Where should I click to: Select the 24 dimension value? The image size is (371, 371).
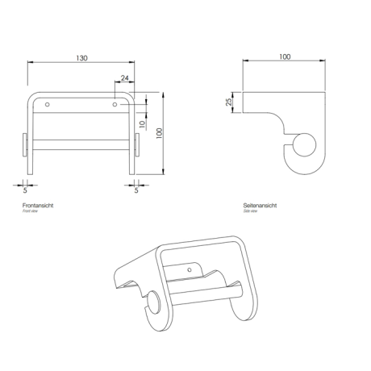click(x=124, y=77)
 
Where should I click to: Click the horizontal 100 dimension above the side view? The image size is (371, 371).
click(x=285, y=58)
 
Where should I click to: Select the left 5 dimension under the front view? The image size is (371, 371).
click(x=24, y=190)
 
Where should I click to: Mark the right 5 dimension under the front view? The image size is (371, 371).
click(x=136, y=190)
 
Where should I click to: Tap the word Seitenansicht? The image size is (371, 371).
click(x=261, y=207)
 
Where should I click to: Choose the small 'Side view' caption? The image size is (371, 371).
click(x=252, y=214)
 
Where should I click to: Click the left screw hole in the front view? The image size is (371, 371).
click(x=48, y=105)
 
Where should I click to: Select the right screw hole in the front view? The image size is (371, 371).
click(x=114, y=105)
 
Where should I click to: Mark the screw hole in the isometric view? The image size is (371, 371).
click(x=190, y=268)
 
